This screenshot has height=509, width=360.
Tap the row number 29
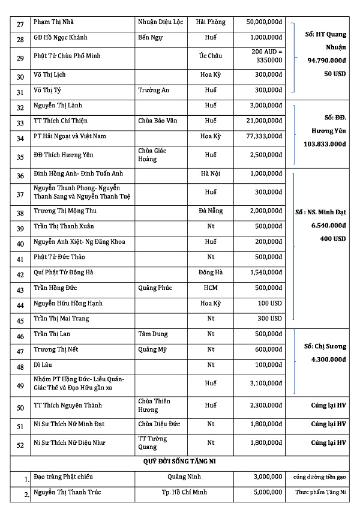[x=20, y=58]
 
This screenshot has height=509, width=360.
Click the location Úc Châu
[x=211, y=56]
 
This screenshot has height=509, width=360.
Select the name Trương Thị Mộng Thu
[x=65, y=211]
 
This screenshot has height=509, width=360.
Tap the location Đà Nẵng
[x=211, y=212]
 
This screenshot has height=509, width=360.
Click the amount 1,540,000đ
[x=266, y=273]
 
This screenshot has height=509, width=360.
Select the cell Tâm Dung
[x=153, y=334]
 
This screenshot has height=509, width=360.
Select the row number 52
[x=20, y=444]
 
